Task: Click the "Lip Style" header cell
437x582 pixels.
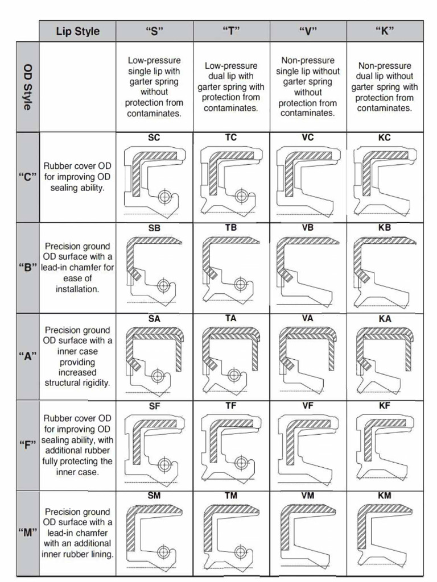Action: (77, 31)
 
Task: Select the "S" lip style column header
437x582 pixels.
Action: (154, 31)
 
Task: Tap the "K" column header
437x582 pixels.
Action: (385, 31)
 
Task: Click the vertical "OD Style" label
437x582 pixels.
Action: (27, 86)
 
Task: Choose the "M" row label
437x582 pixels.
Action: (27, 533)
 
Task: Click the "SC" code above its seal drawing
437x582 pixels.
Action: (154, 138)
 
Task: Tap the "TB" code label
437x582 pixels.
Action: (231, 228)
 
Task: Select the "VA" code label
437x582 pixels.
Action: (308, 319)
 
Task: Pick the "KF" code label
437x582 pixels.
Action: (385, 406)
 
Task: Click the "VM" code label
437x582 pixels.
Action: (308, 496)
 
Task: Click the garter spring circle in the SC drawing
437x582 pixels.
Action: (165, 197)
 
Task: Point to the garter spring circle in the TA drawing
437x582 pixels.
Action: (233, 375)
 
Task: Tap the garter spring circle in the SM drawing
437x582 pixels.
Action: (164, 552)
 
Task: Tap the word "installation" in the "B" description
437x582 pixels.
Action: (77, 289)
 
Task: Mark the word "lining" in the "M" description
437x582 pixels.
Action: (101, 554)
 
